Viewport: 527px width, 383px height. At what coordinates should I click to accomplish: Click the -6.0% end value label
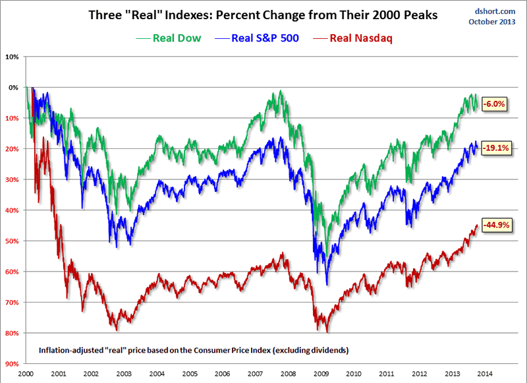pos(495,104)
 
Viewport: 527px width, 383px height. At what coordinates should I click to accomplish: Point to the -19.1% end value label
pos(496,148)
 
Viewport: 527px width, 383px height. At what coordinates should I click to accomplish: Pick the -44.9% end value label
pos(496,225)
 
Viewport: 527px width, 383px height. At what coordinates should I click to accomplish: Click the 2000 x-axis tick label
pos(26,374)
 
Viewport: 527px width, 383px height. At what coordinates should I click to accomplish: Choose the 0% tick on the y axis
pos(13,87)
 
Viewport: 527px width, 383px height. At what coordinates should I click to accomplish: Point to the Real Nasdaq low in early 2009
pos(327,332)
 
